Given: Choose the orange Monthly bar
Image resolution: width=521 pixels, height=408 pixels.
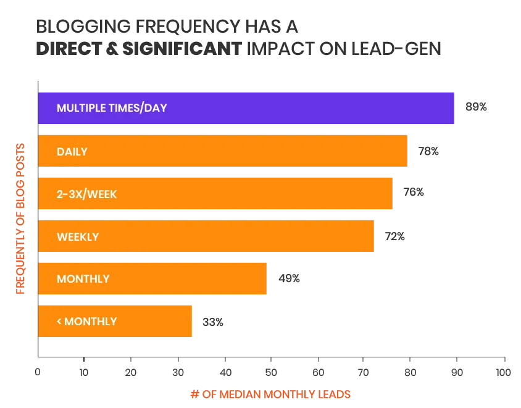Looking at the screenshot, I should tap(185, 279).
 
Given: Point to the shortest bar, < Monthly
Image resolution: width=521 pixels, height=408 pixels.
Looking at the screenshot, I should tap(154, 321).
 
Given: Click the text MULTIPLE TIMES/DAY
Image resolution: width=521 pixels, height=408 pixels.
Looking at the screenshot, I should tap(112, 108).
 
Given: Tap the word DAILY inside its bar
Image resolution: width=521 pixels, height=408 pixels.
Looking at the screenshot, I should tap(72, 151).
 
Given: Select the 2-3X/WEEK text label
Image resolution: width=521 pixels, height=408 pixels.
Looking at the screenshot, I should tap(86, 194).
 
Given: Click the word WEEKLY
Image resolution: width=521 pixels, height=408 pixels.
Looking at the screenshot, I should tap(78, 236).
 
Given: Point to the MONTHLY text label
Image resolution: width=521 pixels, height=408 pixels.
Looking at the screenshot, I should tap(83, 279).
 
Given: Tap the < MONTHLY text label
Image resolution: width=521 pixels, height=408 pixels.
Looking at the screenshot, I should tap(86, 321).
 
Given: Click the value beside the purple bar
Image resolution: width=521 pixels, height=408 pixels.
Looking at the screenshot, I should tap(476, 107).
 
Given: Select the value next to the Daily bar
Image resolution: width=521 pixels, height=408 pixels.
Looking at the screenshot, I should tap(427, 151).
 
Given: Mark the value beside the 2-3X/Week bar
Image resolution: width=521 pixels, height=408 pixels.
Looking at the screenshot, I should tap(412, 193).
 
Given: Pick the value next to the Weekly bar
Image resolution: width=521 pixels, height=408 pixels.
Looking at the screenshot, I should tap(394, 236).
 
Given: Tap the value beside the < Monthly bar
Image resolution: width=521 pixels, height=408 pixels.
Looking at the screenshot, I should tap(214, 323).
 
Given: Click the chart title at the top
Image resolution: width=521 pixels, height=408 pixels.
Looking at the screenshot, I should tap(240, 38).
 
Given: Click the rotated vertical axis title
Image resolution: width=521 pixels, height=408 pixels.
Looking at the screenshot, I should tap(20, 219).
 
